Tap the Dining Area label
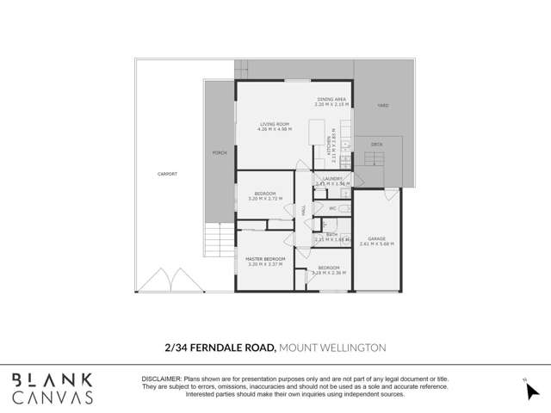(331, 99)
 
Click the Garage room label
(375, 238)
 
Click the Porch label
(219, 152)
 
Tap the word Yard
(383, 106)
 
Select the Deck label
(377, 144)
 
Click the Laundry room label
(331, 178)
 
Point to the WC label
(331, 207)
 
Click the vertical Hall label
(303, 209)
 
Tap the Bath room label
(331, 233)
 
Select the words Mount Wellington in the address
(333, 347)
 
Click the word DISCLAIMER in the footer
(161, 379)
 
